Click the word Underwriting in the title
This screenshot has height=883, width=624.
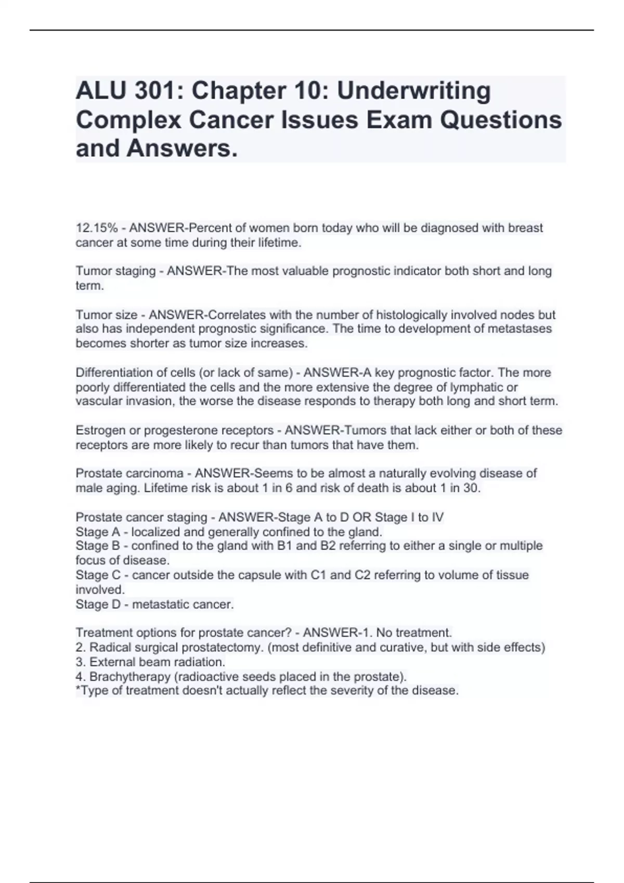coord(414,91)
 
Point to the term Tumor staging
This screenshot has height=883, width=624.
coord(115,271)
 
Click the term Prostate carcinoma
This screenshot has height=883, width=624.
coord(129,474)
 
